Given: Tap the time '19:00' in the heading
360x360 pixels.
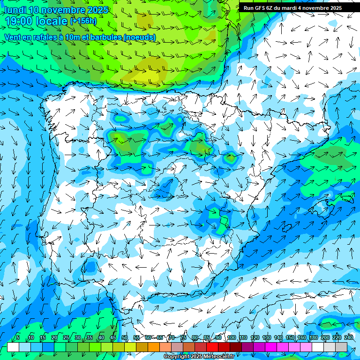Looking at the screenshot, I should tap(19, 22).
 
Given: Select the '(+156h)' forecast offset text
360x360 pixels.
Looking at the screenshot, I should tap(83, 21).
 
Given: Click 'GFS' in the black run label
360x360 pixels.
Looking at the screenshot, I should tap(260, 8).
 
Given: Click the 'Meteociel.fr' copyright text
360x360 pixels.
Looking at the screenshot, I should tap(217, 357).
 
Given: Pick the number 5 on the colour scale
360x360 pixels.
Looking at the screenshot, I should tap(18, 338).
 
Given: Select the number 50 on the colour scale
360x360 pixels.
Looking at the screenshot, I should tap(125, 338).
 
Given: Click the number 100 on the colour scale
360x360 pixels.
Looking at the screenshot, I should tap(232, 338).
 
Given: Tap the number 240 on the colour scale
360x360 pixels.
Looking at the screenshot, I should tap(349, 338).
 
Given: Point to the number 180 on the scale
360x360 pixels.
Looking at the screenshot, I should tap(314, 338).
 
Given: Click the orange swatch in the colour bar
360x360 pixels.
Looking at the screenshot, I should tap(154, 347).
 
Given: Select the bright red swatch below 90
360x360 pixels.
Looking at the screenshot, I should tap(212, 347).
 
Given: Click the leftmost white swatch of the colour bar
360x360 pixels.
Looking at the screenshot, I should tap(13, 347).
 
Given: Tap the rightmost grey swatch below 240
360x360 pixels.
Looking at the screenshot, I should tap(341, 347).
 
